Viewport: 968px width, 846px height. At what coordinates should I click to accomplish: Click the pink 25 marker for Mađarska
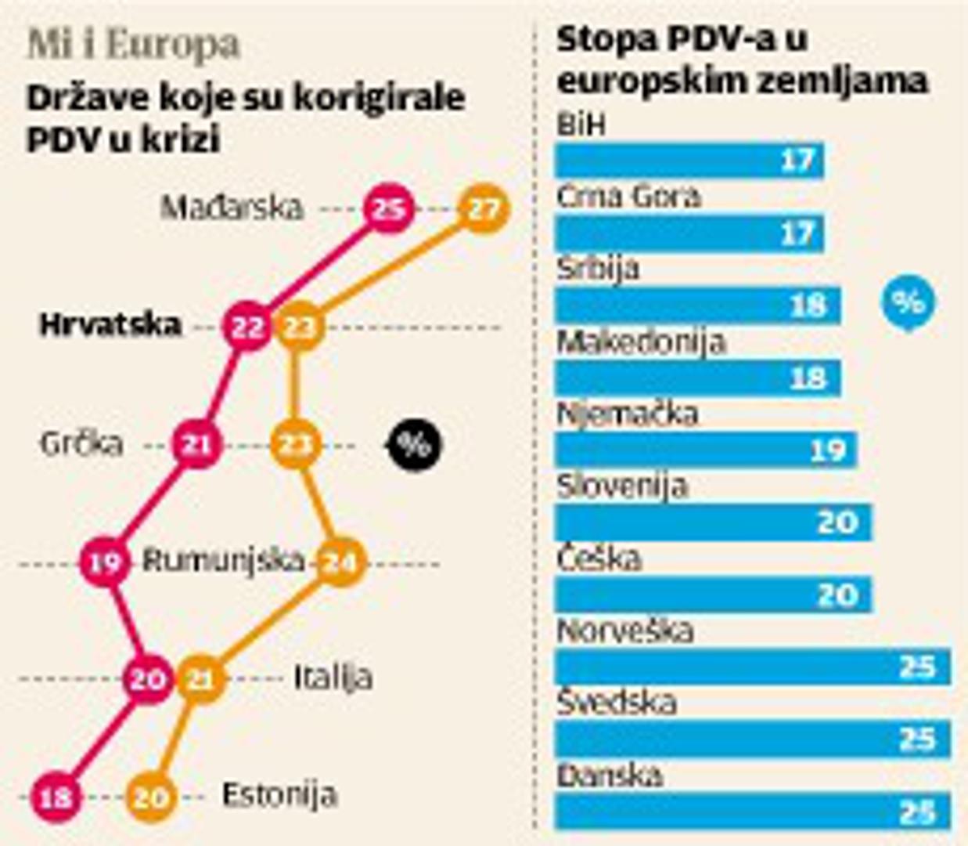(389, 208)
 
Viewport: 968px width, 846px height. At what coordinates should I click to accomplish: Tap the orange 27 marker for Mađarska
(483, 208)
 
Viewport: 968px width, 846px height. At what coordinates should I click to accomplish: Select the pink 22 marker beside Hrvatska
(247, 327)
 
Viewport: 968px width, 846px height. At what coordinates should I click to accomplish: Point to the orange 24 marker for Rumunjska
(340, 562)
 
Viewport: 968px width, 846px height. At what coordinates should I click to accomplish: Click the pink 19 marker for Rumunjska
(105, 562)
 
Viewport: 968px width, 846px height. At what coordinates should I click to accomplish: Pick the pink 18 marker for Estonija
(56, 797)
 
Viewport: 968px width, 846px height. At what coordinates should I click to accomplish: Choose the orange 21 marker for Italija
(200, 679)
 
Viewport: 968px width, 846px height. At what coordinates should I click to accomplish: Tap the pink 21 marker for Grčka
(196, 444)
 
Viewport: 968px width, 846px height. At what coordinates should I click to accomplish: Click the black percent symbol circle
(415, 444)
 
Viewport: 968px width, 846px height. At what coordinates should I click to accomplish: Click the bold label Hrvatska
(110, 324)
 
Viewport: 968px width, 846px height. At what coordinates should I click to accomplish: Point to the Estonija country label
(279, 795)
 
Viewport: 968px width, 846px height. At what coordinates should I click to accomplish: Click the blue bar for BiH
(689, 161)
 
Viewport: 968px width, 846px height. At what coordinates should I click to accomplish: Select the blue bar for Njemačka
(705, 450)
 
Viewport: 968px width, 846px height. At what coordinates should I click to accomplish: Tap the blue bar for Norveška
(752, 667)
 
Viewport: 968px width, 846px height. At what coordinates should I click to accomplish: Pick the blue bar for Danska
(752, 812)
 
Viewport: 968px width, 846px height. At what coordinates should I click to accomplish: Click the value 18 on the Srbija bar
(808, 305)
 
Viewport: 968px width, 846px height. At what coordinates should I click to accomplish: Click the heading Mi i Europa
(133, 45)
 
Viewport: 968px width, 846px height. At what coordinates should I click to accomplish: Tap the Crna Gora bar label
(628, 197)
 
